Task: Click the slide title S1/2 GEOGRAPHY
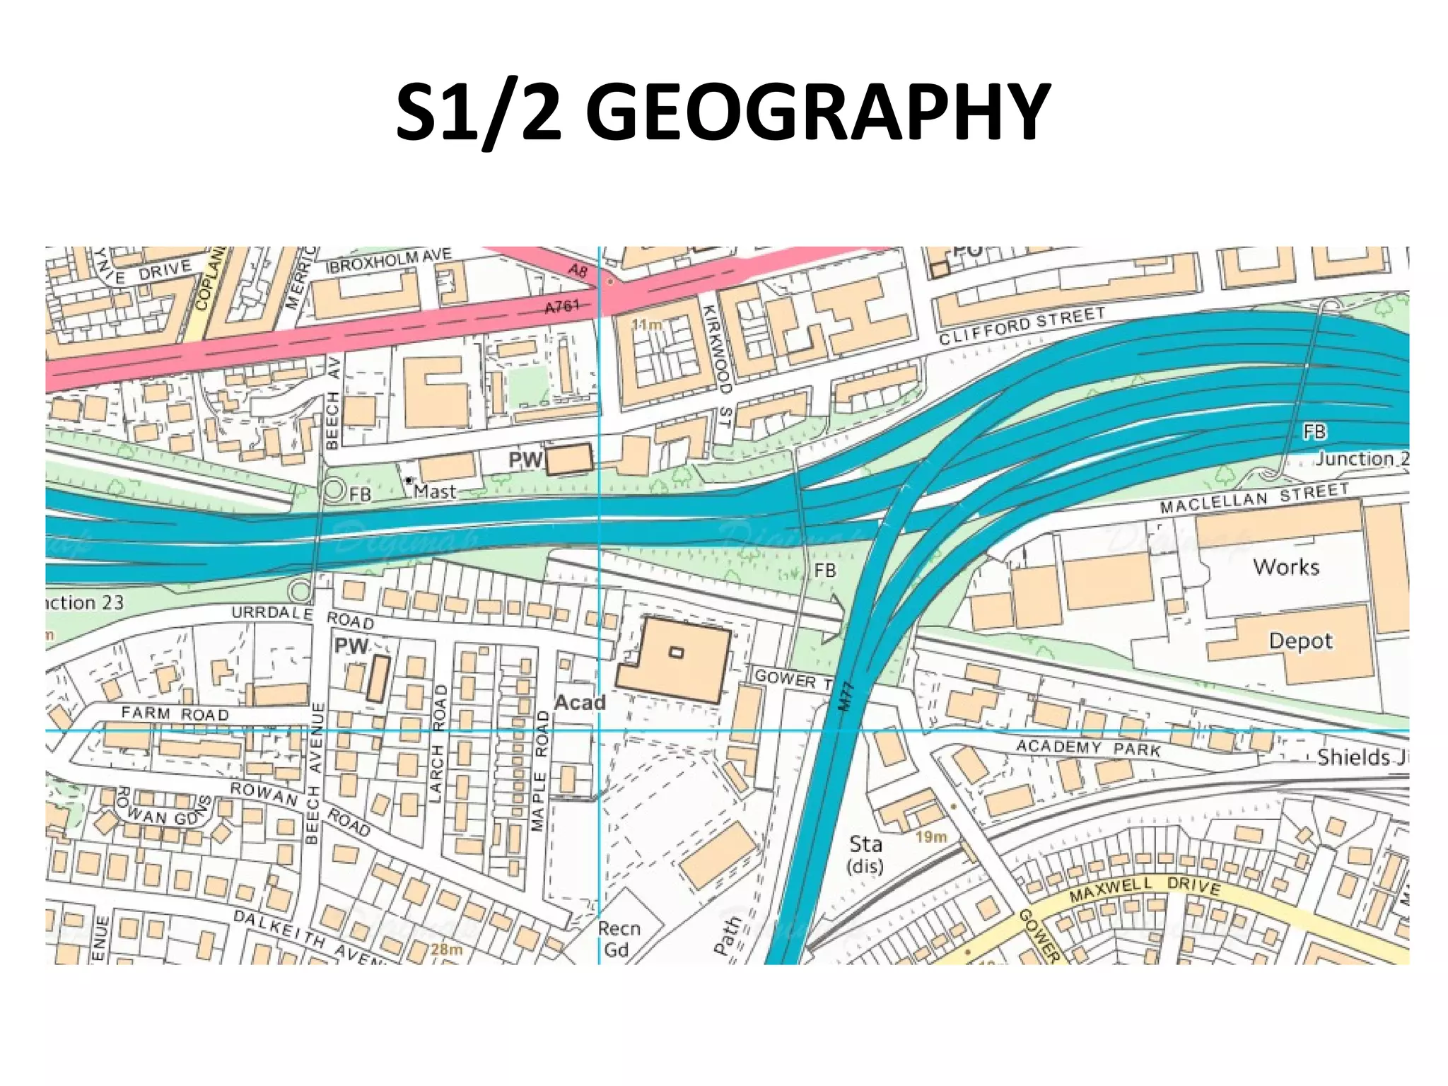(x=723, y=113)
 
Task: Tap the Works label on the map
(x=1285, y=567)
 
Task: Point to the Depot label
(x=1300, y=641)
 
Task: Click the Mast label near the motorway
(x=435, y=491)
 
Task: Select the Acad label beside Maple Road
(x=580, y=703)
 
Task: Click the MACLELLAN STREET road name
(x=1254, y=498)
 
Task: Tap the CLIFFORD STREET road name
(x=1022, y=325)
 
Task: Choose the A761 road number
(x=562, y=306)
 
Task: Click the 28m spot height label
(x=446, y=949)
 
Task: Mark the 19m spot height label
(x=930, y=837)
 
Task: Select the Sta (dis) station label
(x=865, y=854)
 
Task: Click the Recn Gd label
(x=618, y=938)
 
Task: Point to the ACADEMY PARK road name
(x=1088, y=747)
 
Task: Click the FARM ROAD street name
(x=175, y=713)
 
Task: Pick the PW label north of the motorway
(x=525, y=460)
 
